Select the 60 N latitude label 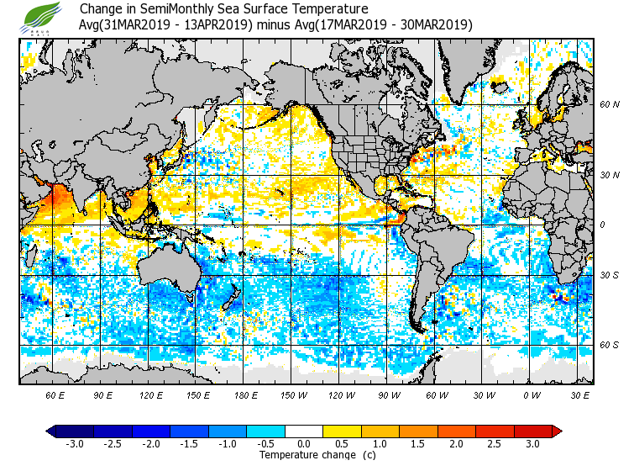tap(609, 105)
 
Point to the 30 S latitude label tap(609, 275)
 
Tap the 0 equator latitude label tap(602, 225)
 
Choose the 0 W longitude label tap(531, 394)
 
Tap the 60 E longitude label tap(55, 394)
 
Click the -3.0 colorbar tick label tap(75, 443)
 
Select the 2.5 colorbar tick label tap(502, 443)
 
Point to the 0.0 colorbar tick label tap(305, 443)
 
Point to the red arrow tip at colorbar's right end tap(557, 431)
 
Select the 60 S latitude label tap(609, 345)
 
